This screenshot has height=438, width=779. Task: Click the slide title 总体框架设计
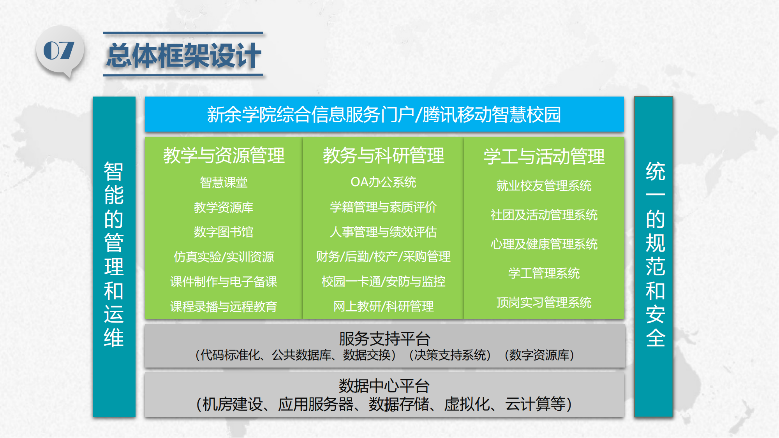click(x=183, y=56)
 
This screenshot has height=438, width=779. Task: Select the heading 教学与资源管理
click(x=224, y=155)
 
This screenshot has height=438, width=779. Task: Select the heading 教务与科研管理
click(x=384, y=155)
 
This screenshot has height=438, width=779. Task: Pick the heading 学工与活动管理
click(x=544, y=157)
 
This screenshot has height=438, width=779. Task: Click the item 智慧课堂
click(x=224, y=182)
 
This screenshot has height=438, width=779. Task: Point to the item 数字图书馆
click(x=224, y=232)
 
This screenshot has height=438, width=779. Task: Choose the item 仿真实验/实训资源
click(x=224, y=257)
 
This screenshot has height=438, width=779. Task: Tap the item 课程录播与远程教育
click(x=224, y=307)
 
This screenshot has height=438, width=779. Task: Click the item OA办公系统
click(x=384, y=182)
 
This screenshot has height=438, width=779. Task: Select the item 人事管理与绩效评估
click(x=384, y=232)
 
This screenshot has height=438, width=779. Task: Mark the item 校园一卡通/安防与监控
click(x=384, y=281)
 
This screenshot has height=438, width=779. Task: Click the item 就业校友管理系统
click(x=544, y=186)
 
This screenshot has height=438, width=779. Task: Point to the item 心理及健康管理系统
click(x=544, y=244)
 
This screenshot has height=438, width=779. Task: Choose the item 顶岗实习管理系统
click(x=544, y=303)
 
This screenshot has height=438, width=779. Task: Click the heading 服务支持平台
click(x=384, y=339)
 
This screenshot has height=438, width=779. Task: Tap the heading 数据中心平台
click(x=384, y=386)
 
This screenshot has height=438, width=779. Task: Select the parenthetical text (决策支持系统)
click(x=450, y=355)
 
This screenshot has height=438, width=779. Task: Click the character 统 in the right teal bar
click(x=656, y=172)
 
